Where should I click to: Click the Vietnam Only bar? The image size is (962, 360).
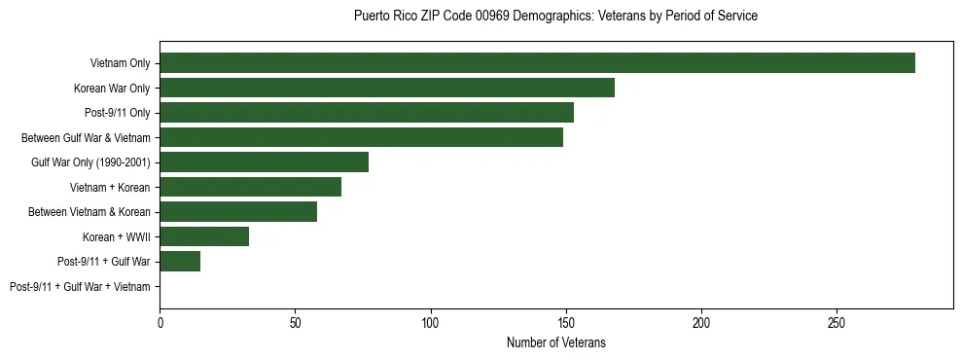537,63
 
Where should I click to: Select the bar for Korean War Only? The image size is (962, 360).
387,88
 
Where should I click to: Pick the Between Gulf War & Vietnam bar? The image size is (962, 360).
361,137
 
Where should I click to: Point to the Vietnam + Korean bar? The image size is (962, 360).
250,187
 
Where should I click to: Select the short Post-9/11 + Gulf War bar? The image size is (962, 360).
180,262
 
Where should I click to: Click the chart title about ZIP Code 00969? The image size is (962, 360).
555,17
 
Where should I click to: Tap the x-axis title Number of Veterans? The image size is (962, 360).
555,343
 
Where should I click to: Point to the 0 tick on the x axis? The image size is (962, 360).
160,322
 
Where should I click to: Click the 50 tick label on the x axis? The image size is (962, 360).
295,322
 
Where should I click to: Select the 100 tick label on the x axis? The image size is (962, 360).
430,322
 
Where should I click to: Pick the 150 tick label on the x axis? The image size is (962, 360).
566,322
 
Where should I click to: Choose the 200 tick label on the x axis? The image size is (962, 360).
701,322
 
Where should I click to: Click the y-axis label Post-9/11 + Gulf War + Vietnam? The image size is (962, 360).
80,287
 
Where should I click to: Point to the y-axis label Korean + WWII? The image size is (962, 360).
117,236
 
